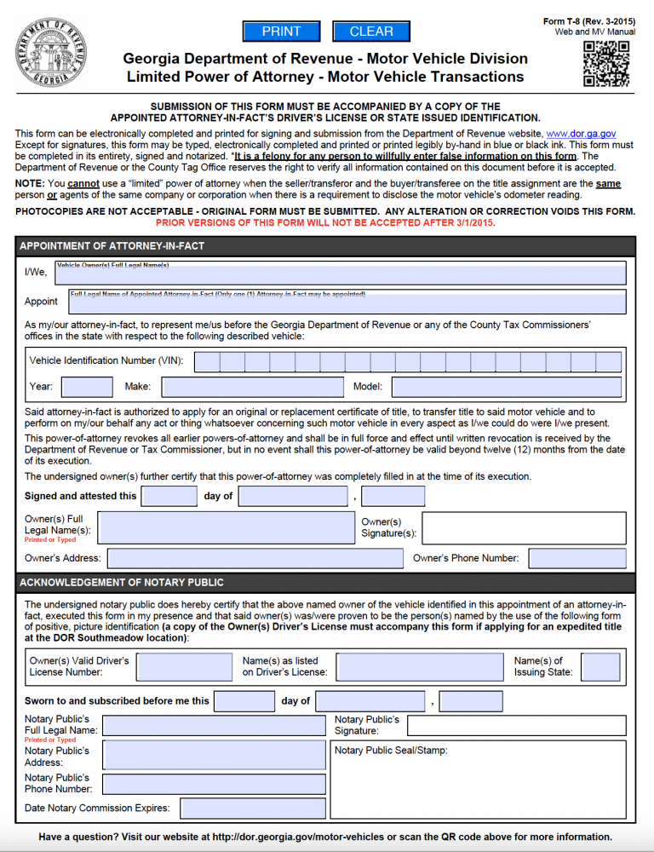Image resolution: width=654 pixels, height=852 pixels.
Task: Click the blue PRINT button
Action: pos(281,32)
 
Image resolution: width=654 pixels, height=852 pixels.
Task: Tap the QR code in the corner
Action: pos(605,64)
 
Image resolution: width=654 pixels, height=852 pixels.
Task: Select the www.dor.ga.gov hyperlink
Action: pos(581,134)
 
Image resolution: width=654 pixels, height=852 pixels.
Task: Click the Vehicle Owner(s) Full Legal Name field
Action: pos(341,273)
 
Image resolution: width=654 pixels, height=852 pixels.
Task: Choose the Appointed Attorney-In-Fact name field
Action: pos(347,302)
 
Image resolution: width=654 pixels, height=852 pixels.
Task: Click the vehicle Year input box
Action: pos(86,387)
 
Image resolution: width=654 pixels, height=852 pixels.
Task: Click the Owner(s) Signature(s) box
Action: pos(524,528)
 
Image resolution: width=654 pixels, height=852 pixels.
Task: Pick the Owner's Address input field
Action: pos(255,559)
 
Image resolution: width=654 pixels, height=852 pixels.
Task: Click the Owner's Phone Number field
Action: pos(577,559)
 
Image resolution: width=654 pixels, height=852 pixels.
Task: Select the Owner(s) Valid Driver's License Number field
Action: pos(184,667)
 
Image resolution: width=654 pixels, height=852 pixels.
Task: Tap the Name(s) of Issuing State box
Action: pos(600,667)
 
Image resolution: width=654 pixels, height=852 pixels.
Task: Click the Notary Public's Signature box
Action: pos(516,726)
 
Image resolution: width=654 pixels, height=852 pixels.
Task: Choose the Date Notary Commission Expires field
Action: pos(252,808)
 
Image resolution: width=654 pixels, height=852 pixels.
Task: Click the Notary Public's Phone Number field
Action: pos(214,784)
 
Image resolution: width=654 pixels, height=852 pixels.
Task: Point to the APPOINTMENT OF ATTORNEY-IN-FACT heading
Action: pos(112,246)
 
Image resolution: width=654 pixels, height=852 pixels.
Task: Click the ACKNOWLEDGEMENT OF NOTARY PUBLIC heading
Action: pos(122,583)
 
